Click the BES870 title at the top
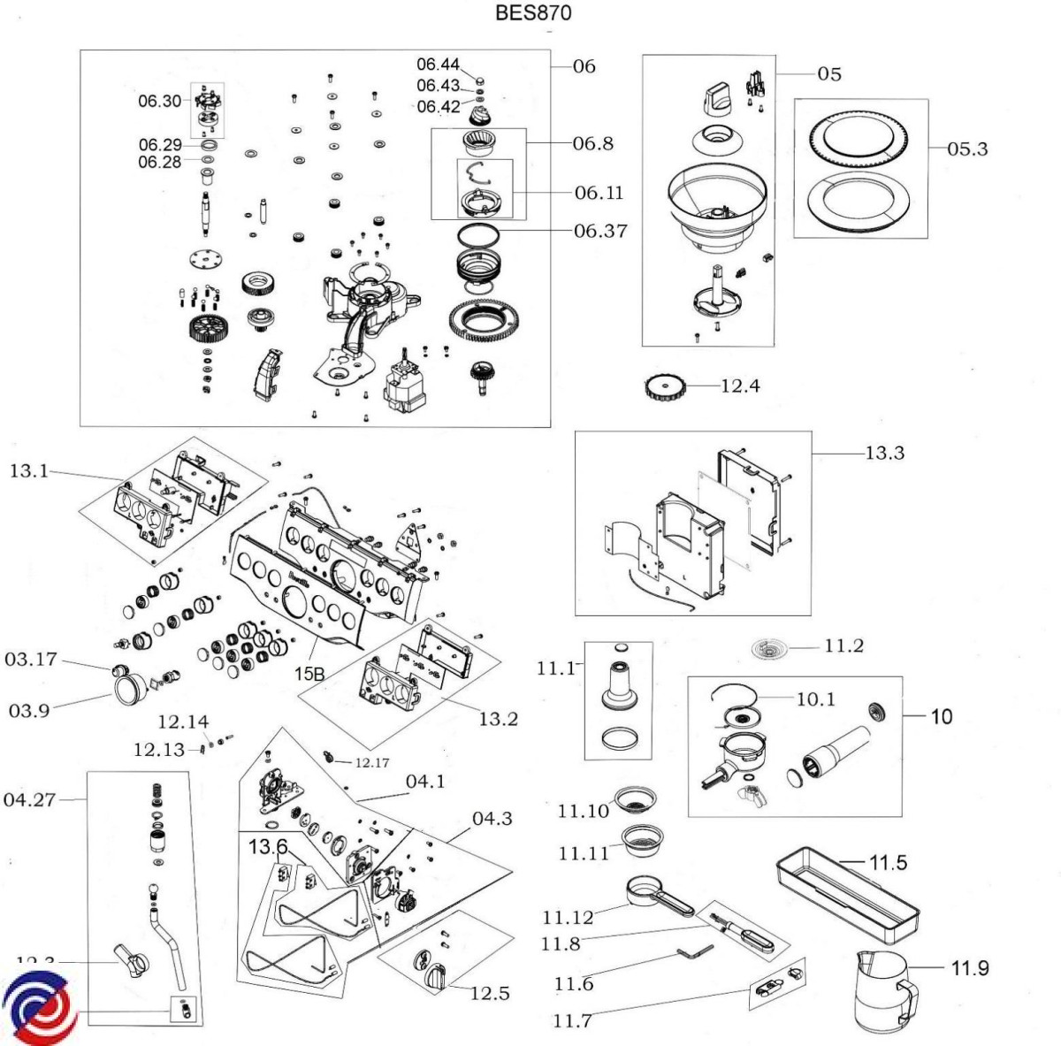point(535,12)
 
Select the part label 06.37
point(600,231)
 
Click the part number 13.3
point(884,453)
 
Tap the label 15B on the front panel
point(309,675)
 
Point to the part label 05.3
point(967,149)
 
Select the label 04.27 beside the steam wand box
point(29,800)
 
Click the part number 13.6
point(267,847)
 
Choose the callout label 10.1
point(815,699)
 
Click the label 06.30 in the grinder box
point(159,101)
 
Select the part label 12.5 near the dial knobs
point(489,993)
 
